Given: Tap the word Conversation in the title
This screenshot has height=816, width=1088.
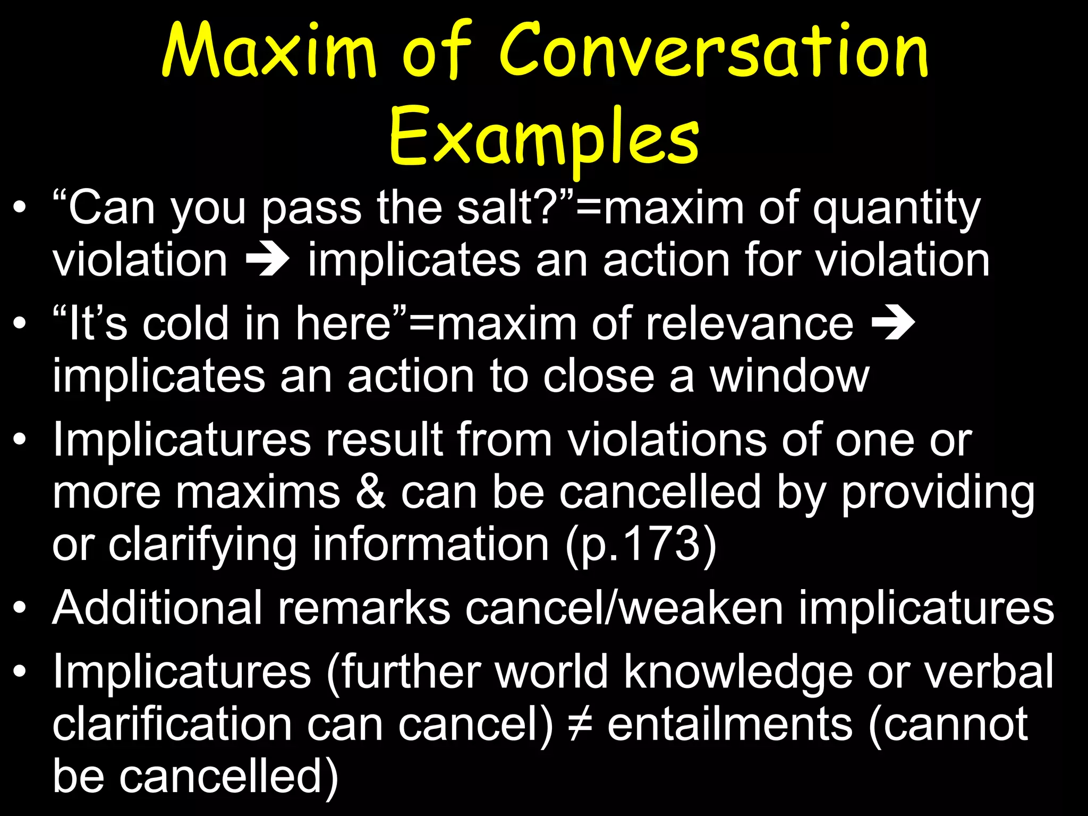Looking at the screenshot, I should (713, 52).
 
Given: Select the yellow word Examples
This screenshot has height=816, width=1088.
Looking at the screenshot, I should (544, 137).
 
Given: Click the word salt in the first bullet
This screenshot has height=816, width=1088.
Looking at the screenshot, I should (499, 208).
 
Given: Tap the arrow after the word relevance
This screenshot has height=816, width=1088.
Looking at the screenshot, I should (893, 324).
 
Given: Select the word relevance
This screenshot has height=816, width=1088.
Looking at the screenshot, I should (749, 324).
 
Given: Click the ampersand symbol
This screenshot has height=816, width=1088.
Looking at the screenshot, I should (370, 492).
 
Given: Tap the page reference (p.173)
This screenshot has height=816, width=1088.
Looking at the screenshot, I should (640, 545).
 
